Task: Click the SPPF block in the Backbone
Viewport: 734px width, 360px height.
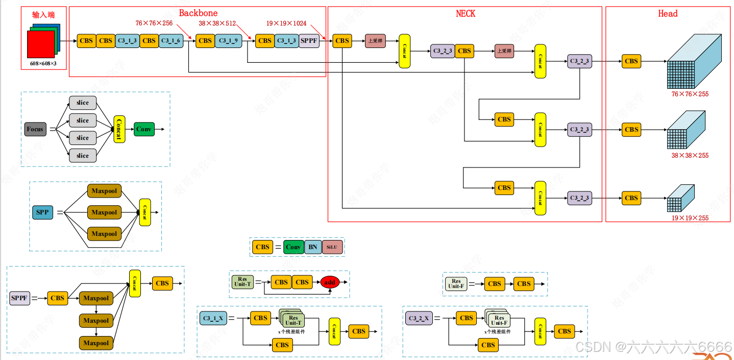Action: click(309, 41)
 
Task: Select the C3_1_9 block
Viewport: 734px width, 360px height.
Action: click(228, 41)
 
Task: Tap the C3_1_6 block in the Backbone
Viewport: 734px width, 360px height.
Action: click(171, 41)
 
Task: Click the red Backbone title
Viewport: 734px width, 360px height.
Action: click(198, 13)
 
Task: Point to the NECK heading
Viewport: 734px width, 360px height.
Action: click(465, 14)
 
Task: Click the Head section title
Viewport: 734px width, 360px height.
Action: click(668, 14)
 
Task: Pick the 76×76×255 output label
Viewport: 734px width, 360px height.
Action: click(690, 94)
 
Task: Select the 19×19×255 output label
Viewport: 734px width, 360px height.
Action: click(690, 218)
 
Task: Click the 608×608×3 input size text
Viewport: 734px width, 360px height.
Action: click(43, 64)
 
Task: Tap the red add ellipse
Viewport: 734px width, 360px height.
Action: click(330, 282)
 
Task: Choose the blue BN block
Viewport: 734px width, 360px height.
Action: click(313, 247)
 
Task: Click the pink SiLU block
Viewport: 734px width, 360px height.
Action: click(332, 247)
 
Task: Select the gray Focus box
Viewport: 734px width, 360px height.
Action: click(35, 129)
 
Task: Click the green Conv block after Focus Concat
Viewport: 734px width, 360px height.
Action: click(144, 129)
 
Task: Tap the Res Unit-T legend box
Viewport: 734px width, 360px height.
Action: click(242, 282)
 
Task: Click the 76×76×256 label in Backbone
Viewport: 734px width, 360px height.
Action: click(154, 23)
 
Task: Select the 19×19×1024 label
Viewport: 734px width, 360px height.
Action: click(286, 23)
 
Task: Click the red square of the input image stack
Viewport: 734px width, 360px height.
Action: click(41, 46)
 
